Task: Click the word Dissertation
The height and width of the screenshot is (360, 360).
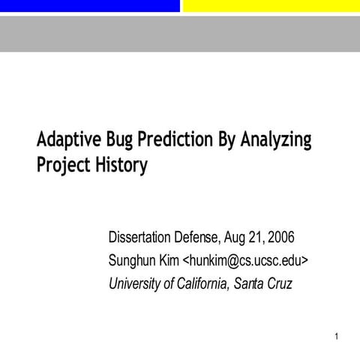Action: [144, 238]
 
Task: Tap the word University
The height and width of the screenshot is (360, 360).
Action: [134, 283]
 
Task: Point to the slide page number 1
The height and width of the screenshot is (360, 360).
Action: [338, 337]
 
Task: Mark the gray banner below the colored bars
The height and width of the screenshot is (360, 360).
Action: [180, 33]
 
